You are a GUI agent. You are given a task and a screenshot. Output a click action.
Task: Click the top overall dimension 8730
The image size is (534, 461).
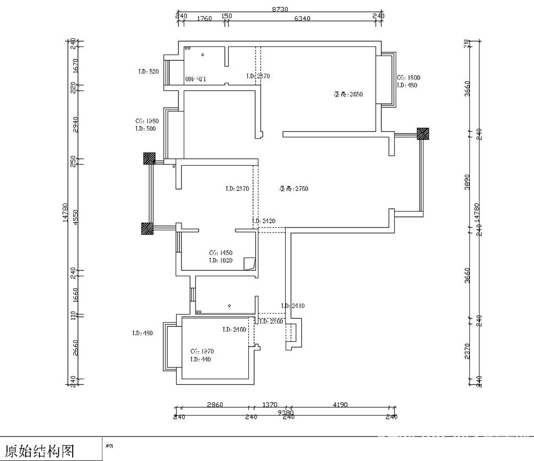point(280,9)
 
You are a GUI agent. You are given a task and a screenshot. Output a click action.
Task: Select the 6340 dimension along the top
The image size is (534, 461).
point(302,19)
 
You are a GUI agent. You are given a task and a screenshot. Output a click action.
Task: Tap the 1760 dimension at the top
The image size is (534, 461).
point(205,19)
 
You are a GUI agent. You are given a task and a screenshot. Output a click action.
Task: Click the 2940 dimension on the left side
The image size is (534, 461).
point(75,124)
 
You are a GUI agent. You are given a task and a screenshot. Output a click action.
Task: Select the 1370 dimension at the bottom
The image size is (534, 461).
point(269,405)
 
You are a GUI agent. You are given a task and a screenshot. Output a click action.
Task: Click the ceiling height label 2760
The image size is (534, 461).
point(293,189)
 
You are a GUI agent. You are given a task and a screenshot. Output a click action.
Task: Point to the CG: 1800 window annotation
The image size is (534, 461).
point(409,78)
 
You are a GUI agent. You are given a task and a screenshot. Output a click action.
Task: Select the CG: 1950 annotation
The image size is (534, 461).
point(147,121)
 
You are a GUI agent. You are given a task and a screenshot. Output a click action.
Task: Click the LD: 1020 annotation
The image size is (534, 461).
point(220,261)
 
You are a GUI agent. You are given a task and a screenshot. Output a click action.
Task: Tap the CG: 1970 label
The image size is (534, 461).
point(202,351)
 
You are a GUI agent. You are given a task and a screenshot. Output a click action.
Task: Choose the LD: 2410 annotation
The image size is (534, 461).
point(293,306)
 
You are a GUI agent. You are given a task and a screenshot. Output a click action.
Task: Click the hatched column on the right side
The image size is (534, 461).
point(423,133)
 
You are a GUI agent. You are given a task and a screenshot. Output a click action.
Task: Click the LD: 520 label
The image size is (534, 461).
point(148,72)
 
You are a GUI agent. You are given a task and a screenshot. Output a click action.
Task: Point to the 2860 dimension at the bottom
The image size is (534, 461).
point(215,405)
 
